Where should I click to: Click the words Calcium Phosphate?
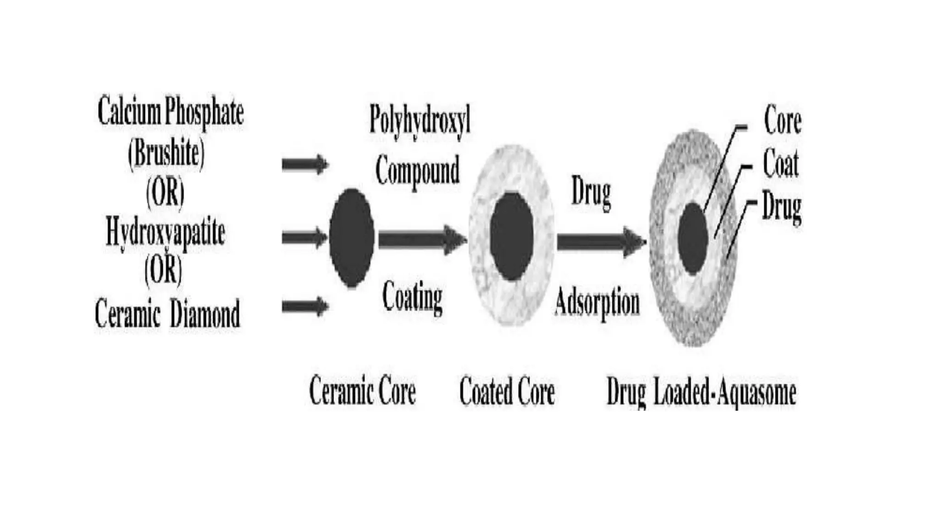tap(171, 112)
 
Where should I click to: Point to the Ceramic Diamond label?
tap(167, 314)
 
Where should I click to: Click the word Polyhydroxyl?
tap(420, 119)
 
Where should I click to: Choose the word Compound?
tap(417, 170)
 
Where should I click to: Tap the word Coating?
tap(412, 297)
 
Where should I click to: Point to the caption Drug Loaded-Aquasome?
tap(701, 393)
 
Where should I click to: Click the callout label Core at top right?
tap(782, 121)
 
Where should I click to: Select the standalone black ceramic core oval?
tap(352, 237)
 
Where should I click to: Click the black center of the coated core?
tap(511, 236)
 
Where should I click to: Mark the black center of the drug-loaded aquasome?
tap(693, 239)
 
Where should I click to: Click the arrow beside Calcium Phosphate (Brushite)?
tap(305, 164)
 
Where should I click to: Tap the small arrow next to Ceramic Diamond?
tap(305, 306)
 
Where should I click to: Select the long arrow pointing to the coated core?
tap(422, 239)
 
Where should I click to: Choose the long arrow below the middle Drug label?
tap(601, 241)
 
